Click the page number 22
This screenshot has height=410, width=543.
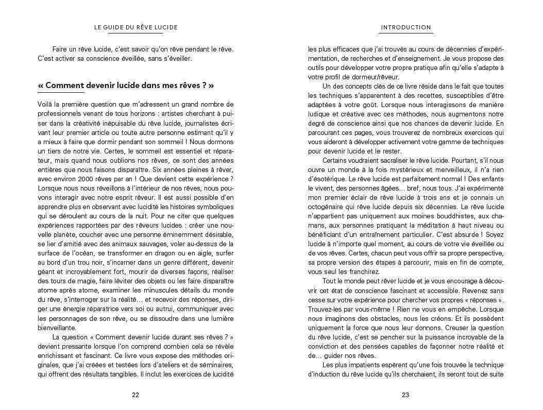click(135, 396)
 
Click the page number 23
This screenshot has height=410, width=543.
click(405, 396)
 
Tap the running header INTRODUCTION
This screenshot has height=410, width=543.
click(405, 27)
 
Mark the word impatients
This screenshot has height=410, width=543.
click(361, 365)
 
